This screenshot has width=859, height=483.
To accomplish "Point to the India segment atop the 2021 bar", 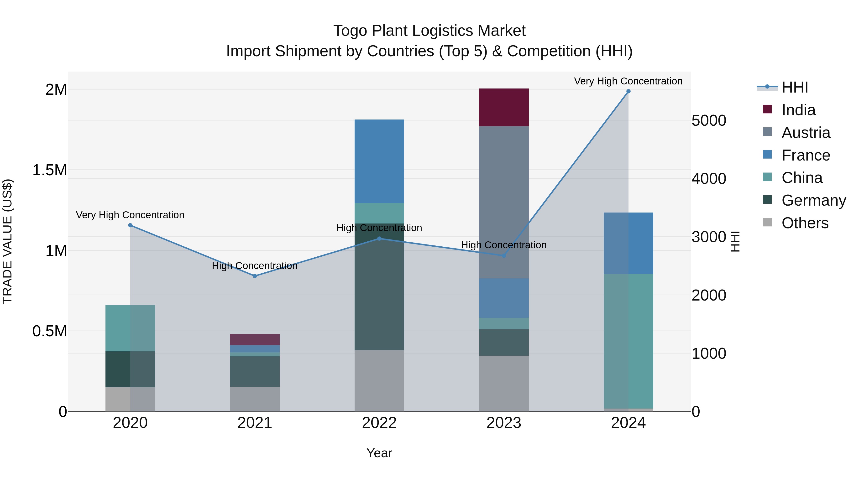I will point(255,339).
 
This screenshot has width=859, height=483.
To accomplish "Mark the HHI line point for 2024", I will point(628,91).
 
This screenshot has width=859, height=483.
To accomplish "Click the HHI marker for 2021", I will point(255,276).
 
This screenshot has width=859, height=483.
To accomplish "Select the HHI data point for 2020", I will point(130,225).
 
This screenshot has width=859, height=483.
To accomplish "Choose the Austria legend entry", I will point(806,133).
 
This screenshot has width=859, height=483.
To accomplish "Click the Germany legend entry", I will point(814,200).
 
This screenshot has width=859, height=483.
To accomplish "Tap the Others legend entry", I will point(805,223).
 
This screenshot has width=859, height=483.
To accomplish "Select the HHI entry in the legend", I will point(795,87).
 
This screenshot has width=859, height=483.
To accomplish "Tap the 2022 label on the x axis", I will point(379,423).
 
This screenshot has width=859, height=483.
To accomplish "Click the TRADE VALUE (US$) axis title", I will point(7,241).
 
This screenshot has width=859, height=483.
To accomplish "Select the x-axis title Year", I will point(379,453).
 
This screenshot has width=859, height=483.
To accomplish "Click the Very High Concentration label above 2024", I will point(628,81).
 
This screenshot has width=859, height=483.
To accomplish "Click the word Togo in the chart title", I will point(350,31).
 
